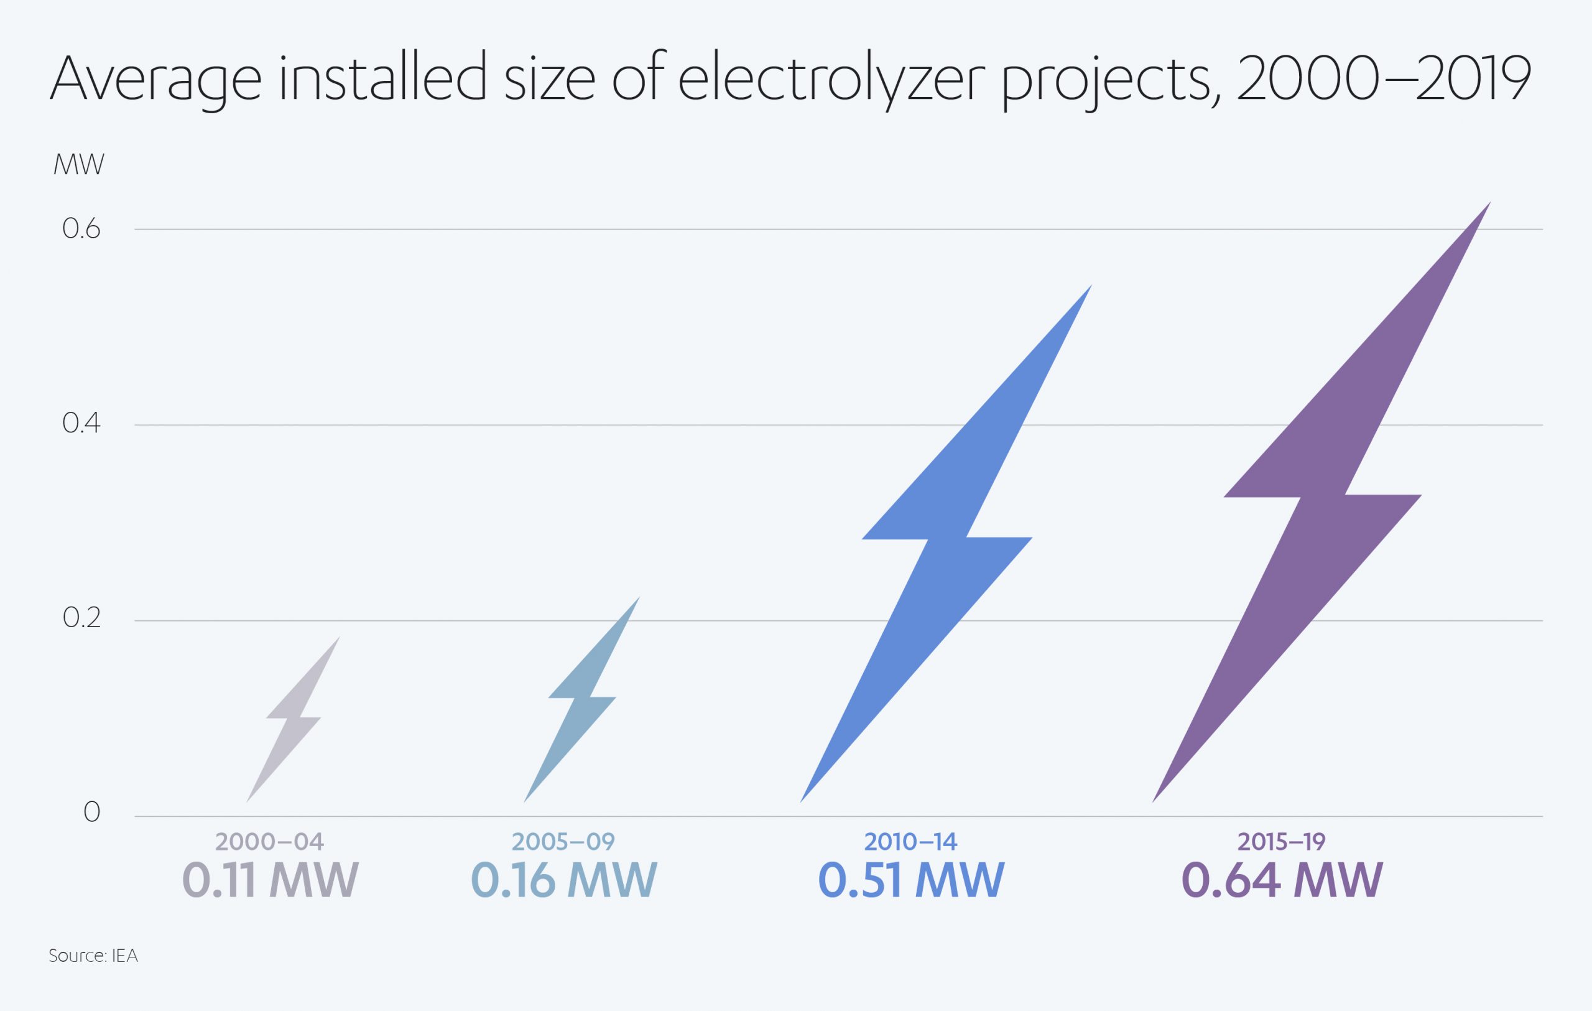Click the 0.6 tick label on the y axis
pyautogui.click(x=81, y=230)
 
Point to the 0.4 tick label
pyautogui.click(x=81, y=423)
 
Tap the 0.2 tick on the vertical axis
pyautogui.click(x=81, y=618)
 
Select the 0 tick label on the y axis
pyautogui.click(x=92, y=813)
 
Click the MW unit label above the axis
pyautogui.click(x=80, y=165)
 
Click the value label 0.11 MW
pyautogui.click(x=270, y=880)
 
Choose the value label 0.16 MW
pyautogui.click(x=564, y=880)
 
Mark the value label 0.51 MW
pyautogui.click(x=911, y=880)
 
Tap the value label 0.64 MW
pyautogui.click(x=1282, y=880)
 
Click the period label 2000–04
pyautogui.click(x=270, y=842)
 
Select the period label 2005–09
pyautogui.click(x=563, y=842)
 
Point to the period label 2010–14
pyautogui.click(x=910, y=842)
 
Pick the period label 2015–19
pyautogui.click(x=1281, y=842)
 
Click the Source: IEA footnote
pyautogui.click(x=93, y=956)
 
